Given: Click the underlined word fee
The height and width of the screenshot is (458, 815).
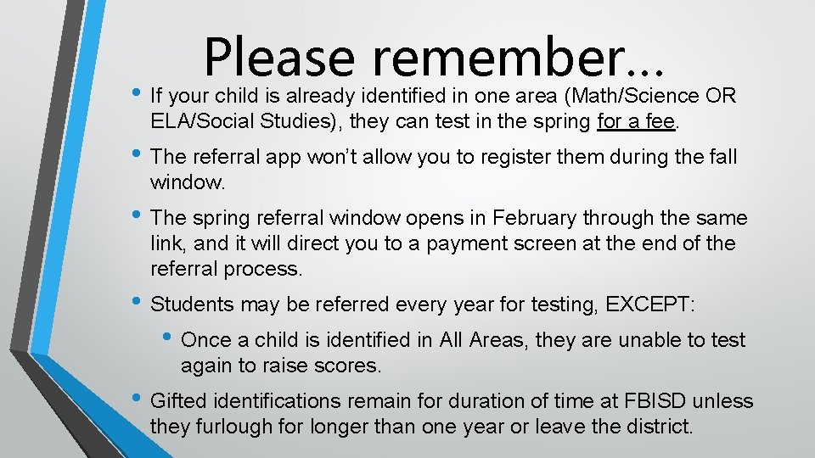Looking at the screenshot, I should point(659,120).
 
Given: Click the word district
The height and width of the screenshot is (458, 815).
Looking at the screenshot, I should point(654,425).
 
